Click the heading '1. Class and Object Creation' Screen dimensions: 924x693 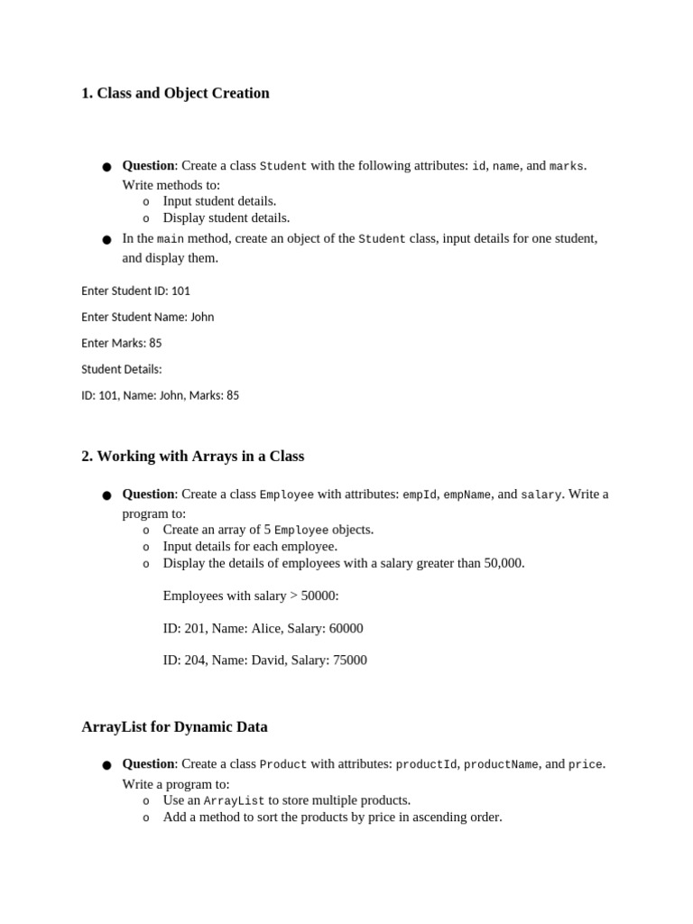coord(175,93)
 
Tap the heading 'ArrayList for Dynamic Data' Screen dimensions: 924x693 coord(174,726)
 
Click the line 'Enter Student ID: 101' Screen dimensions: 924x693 coord(135,291)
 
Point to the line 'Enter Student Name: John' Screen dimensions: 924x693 coord(147,317)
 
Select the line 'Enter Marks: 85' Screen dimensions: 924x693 coord(122,343)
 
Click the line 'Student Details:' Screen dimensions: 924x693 coord(122,369)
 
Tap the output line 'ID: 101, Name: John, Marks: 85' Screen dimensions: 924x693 coord(160,395)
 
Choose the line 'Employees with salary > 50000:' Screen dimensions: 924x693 coord(251,596)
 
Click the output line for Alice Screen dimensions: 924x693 coord(263,628)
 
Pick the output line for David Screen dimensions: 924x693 coord(264,660)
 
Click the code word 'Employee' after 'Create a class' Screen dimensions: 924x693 coord(286,494)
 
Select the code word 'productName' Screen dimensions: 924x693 coord(501,764)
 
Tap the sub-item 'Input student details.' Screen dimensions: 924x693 coord(219,200)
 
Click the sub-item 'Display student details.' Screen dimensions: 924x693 coord(226,217)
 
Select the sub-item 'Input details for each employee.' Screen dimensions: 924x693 coord(250,546)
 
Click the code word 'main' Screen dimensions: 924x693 coord(171,239)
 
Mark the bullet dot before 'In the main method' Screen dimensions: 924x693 coord(106,240)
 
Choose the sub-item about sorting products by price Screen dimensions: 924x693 coord(332,817)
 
